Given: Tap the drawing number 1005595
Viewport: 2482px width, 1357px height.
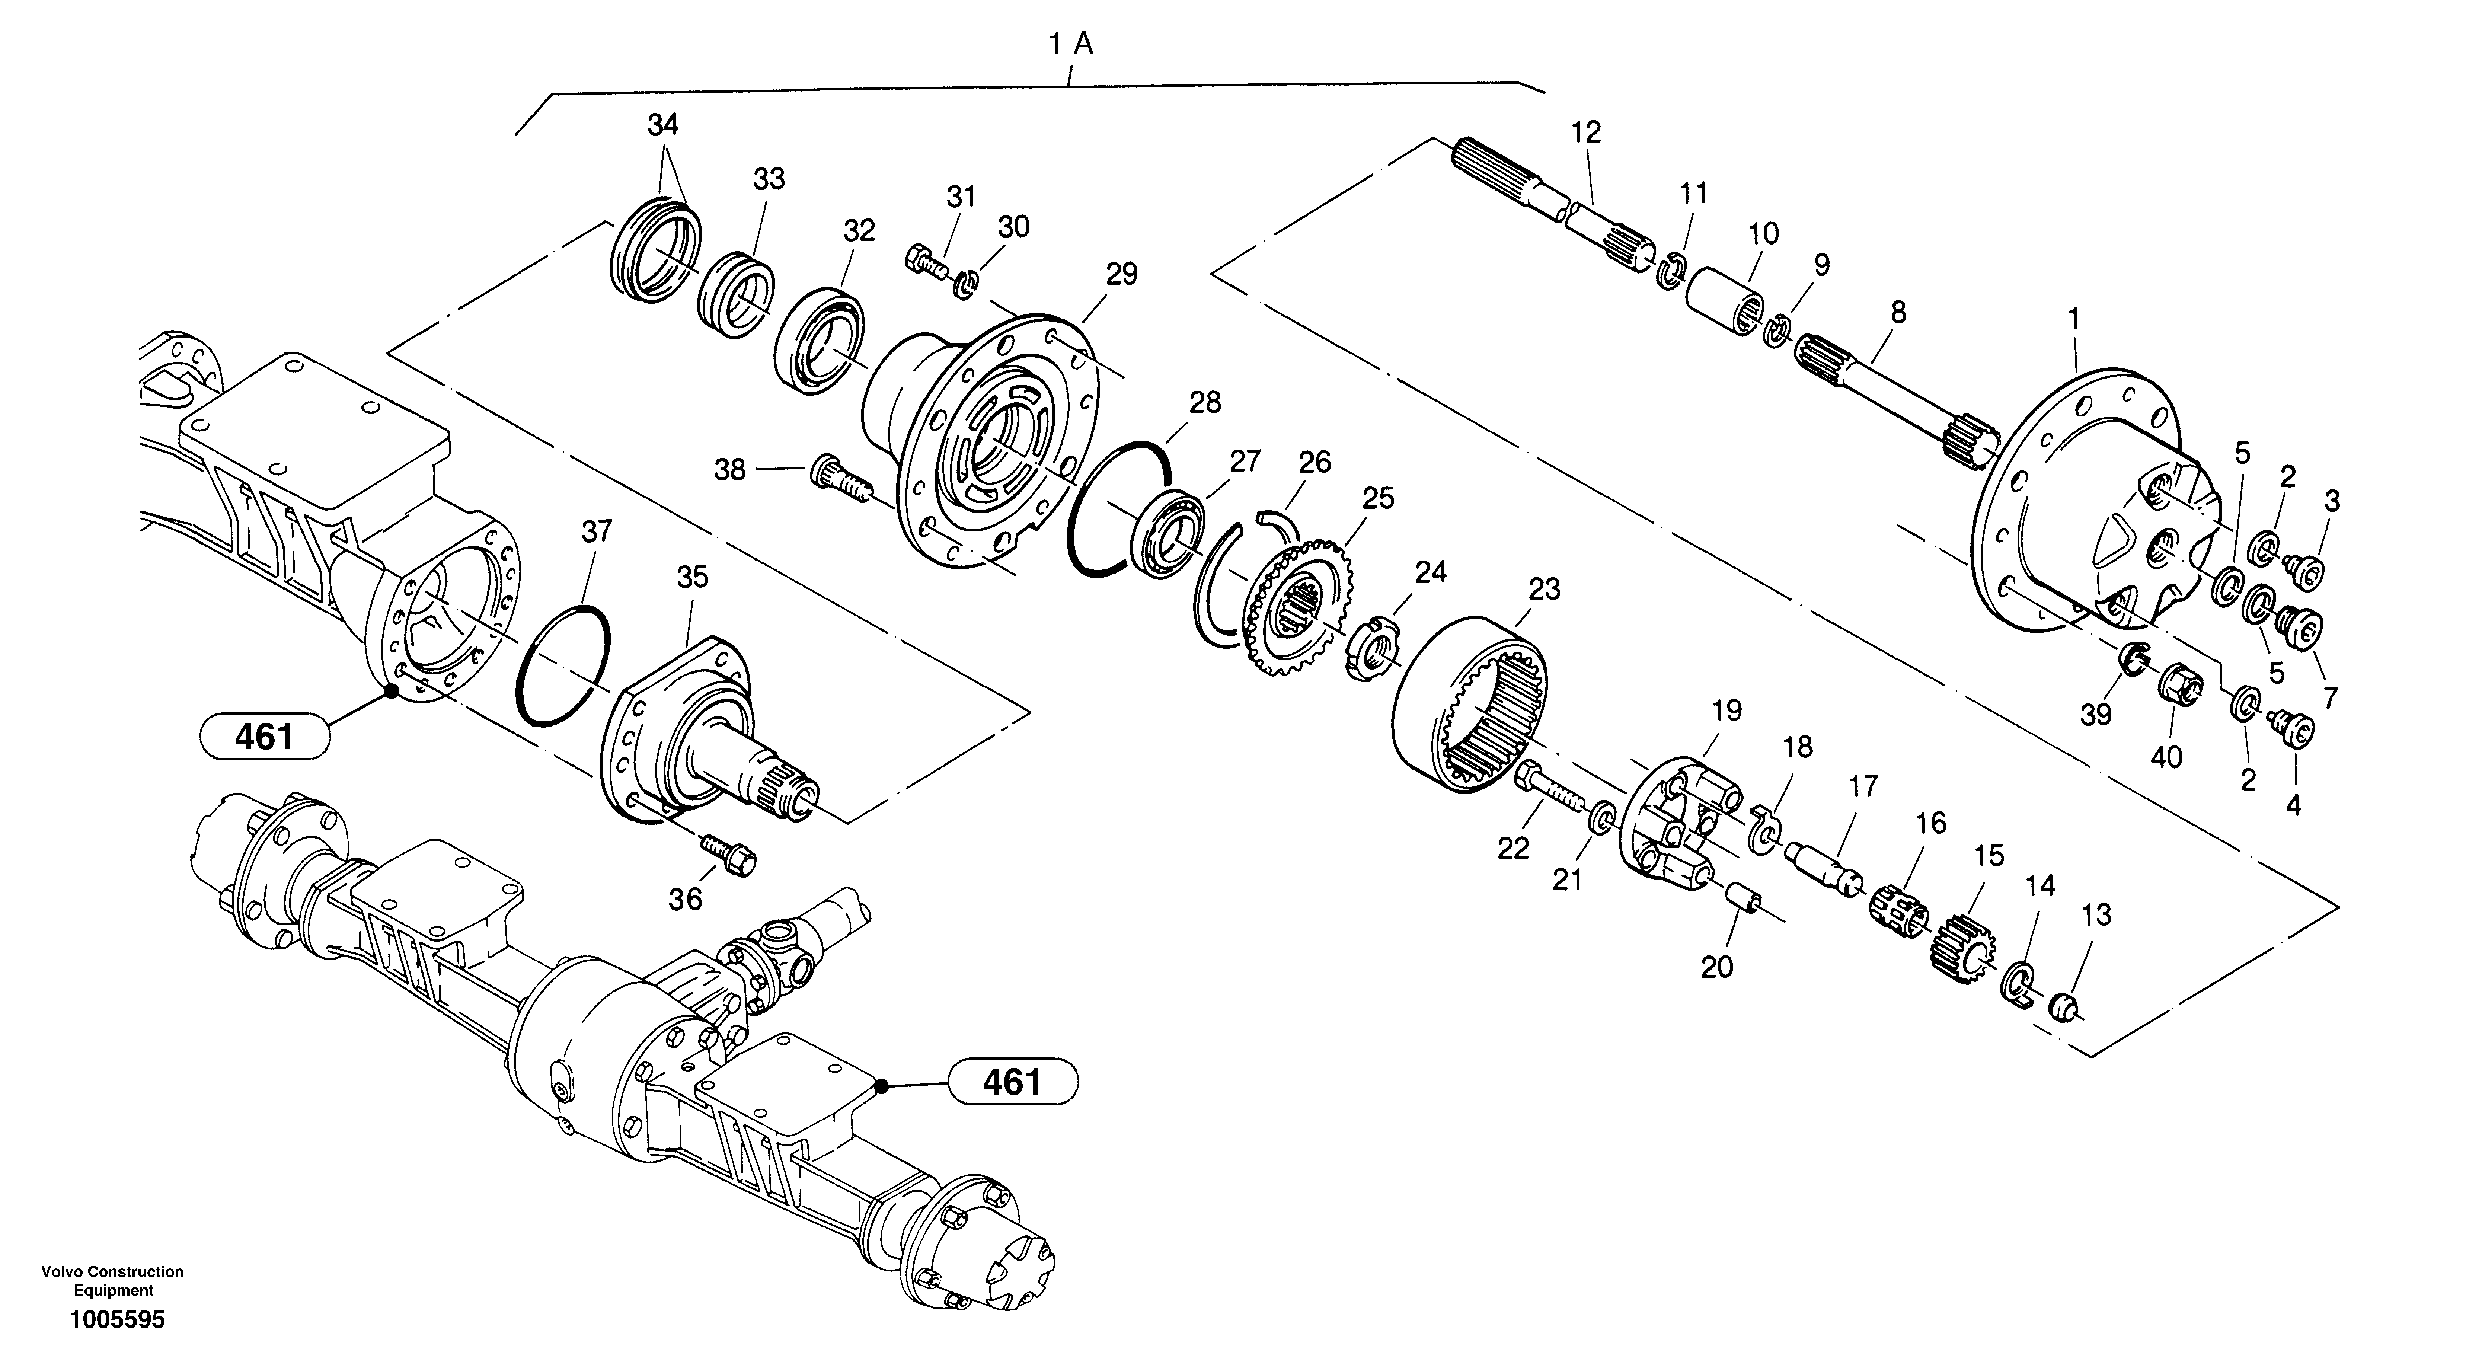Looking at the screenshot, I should point(116,1319).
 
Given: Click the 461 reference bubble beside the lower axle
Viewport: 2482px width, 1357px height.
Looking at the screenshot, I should point(1013,1082).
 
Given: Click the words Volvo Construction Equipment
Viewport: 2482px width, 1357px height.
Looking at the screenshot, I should point(113,1281).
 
